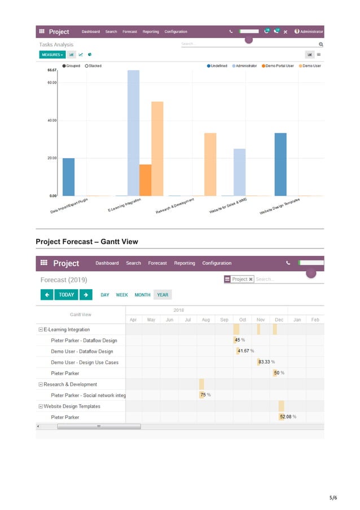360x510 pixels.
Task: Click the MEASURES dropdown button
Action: point(52,55)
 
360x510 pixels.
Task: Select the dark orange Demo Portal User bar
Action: point(145,180)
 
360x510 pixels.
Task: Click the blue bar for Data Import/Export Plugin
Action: point(68,177)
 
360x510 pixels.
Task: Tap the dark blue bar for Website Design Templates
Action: point(280,164)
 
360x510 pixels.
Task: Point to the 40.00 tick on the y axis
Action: point(51,120)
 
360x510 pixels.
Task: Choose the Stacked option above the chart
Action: point(93,66)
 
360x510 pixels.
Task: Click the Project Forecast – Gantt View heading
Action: point(87,242)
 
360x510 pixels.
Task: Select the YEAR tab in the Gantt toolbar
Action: point(163,295)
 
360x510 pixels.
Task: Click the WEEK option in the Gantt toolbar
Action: point(122,295)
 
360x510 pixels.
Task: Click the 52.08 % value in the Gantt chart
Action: point(288,417)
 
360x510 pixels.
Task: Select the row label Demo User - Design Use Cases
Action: point(85,362)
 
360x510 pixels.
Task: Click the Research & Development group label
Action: point(70,384)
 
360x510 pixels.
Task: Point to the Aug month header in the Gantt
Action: point(205,320)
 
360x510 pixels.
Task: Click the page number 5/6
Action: point(333,498)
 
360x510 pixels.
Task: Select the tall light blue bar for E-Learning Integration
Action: point(133,133)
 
